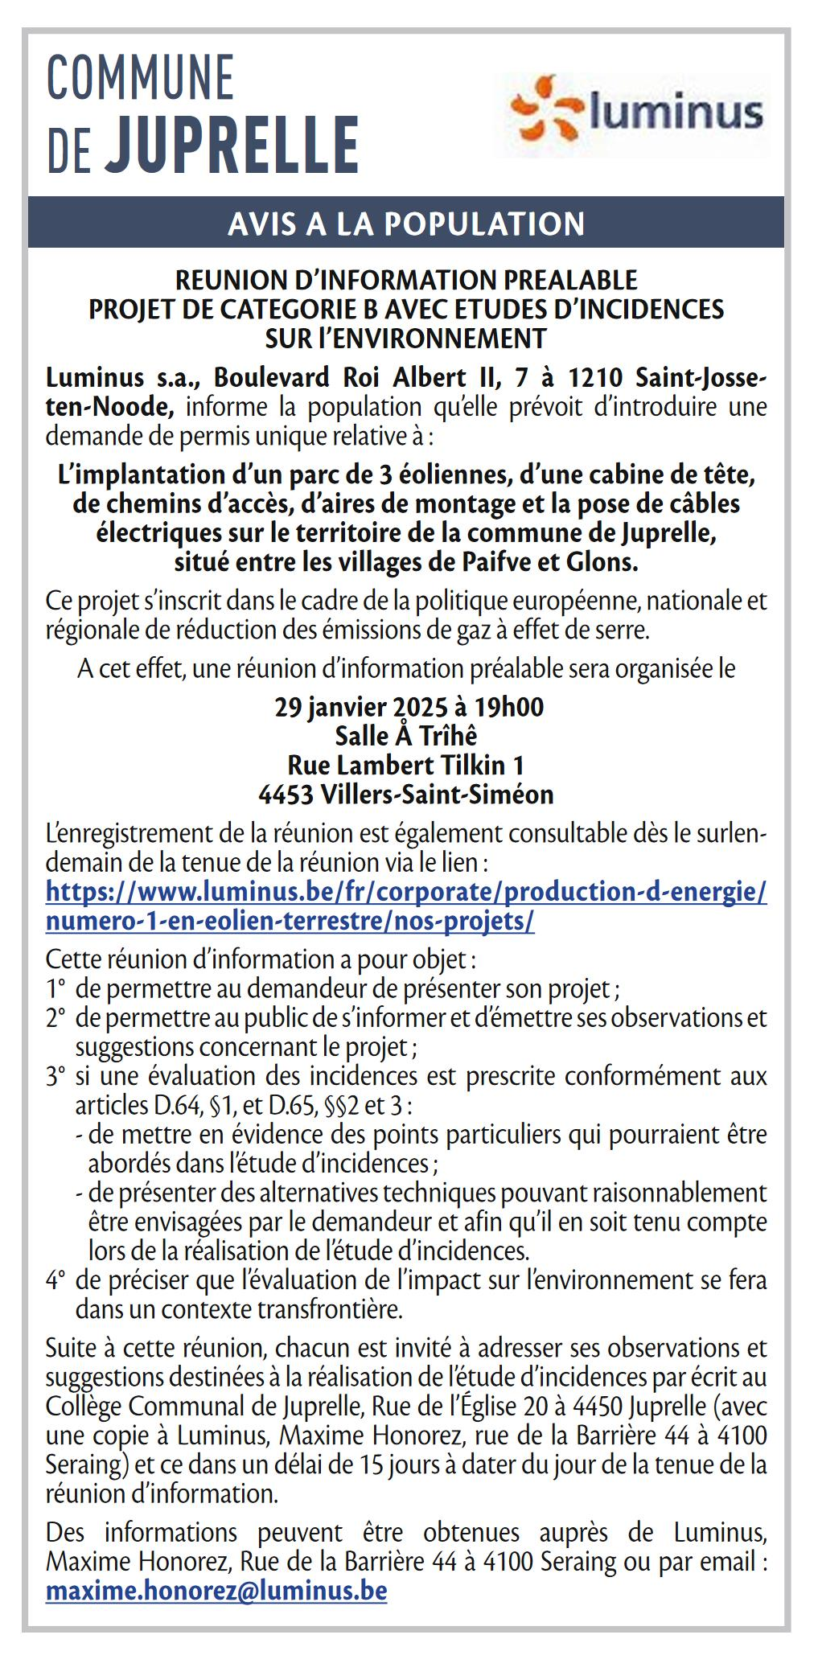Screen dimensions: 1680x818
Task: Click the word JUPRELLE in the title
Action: pos(233,146)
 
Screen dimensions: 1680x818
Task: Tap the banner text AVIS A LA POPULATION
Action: pos(406,224)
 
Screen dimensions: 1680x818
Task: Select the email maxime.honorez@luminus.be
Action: pos(216,1590)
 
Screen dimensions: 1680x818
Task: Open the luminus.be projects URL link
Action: pos(406,906)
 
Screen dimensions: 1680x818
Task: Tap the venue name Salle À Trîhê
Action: pos(406,736)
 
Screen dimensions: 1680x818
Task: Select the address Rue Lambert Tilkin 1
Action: pos(406,765)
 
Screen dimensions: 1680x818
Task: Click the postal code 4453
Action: pos(286,795)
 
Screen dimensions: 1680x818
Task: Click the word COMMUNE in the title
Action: pos(141,78)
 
